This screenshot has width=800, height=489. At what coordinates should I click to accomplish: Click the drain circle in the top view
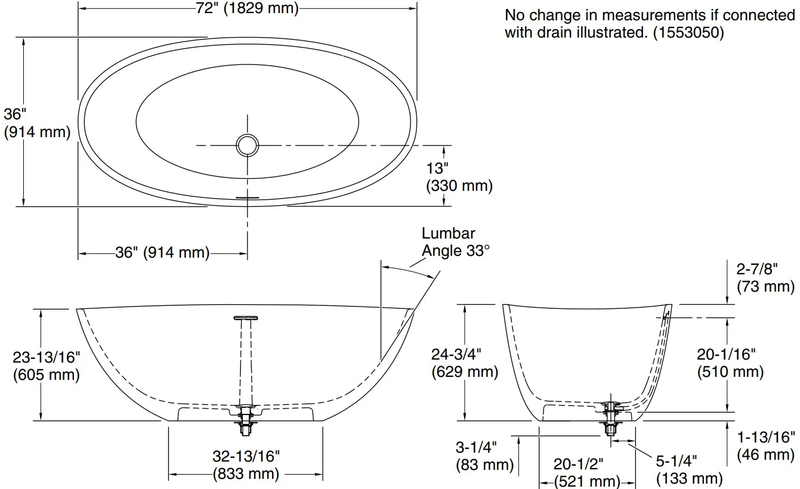point(247,146)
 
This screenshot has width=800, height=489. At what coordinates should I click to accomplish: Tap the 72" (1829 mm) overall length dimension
point(247,8)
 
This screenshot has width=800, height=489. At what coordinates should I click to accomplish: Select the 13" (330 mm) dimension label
point(459,177)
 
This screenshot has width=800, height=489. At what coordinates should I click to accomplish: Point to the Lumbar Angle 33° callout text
point(456,242)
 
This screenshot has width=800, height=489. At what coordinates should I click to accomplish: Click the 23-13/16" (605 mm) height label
point(47,366)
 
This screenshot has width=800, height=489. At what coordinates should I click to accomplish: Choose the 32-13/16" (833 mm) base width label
point(246,465)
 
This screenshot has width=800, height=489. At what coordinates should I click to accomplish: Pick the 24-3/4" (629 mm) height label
point(465,363)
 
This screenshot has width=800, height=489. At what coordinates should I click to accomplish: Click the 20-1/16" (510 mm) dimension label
point(730,363)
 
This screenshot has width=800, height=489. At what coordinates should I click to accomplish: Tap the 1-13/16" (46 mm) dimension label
point(766,446)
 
